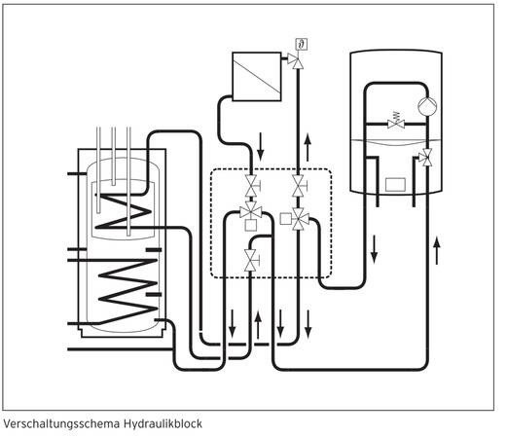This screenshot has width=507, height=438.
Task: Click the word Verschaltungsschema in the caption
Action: tap(61, 423)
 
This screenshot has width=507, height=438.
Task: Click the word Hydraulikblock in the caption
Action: tap(163, 423)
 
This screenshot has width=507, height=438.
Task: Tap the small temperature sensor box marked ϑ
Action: tap(302, 44)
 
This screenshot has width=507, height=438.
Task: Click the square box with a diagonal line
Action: tap(257, 77)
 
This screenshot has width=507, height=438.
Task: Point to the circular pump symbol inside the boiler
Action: tap(427, 106)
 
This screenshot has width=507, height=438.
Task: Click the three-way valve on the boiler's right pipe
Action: tap(426, 158)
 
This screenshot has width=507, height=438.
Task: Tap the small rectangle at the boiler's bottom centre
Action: tap(395, 185)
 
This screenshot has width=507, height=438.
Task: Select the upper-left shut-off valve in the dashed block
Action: tap(251, 186)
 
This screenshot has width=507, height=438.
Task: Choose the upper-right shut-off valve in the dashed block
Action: tap(299, 186)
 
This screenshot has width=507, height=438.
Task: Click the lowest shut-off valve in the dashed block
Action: tap(251, 261)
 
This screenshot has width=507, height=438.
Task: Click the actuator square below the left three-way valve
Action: tap(251, 225)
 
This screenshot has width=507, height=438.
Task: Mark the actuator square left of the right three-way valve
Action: tap(285, 219)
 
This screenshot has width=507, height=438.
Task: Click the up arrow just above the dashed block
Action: tap(308, 148)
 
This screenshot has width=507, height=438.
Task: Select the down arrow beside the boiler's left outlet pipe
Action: tap(374, 249)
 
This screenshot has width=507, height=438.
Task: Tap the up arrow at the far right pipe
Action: tap(437, 250)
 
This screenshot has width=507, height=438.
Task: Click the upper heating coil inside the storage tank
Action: tap(124, 211)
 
